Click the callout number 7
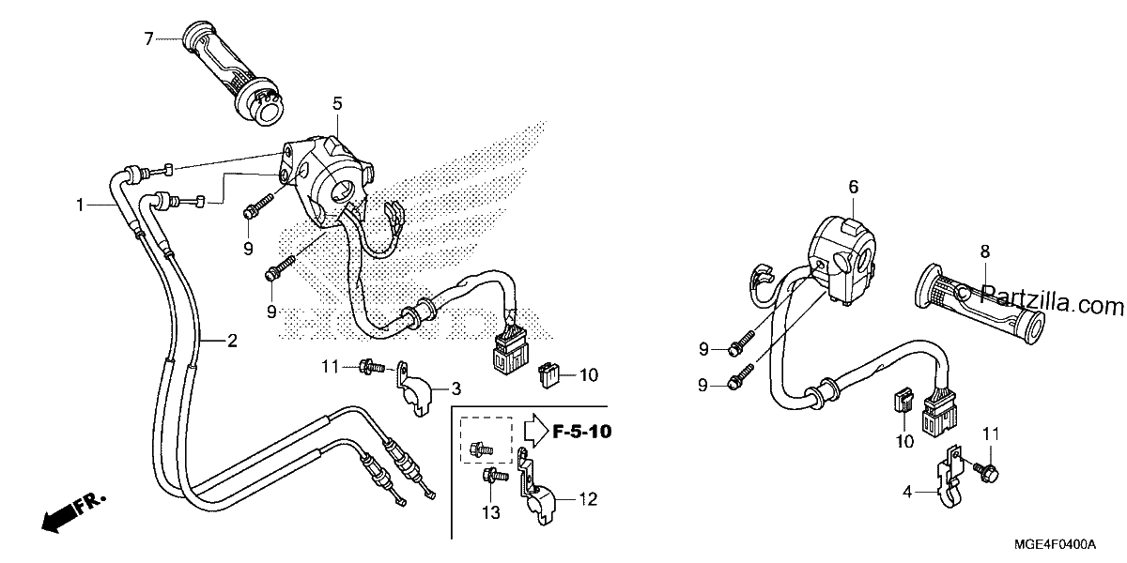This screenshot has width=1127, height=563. (148, 38)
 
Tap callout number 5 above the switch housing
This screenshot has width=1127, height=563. (337, 103)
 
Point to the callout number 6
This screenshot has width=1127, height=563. (854, 187)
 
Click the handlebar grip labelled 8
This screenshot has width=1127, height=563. (979, 304)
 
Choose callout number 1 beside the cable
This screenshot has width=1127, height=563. (80, 205)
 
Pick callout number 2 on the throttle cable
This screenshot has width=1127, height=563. (232, 341)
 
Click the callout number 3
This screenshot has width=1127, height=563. (455, 388)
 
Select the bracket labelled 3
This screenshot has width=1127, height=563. (414, 389)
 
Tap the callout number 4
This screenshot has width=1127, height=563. (907, 492)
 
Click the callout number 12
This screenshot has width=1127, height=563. (588, 498)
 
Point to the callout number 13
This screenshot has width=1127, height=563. (491, 512)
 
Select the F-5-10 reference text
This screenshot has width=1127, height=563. (582, 432)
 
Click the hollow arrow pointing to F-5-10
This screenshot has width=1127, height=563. (536, 431)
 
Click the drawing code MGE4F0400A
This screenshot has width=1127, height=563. (1055, 544)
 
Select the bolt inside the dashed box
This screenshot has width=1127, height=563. (481, 449)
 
